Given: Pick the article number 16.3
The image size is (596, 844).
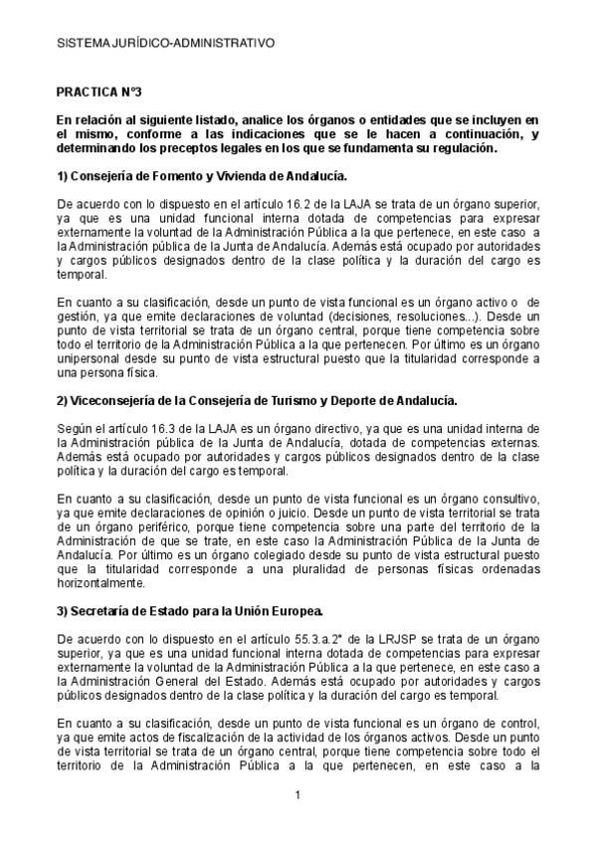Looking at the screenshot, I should click(x=136, y=425).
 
